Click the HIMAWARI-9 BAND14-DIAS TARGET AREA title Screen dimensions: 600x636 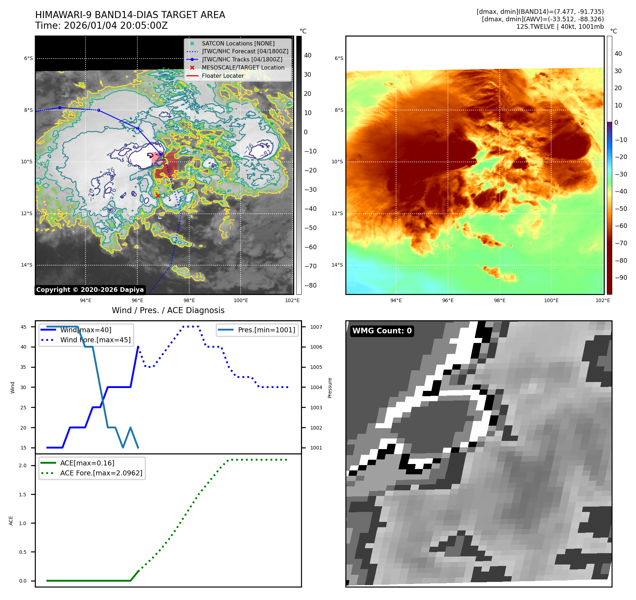click(130, 15)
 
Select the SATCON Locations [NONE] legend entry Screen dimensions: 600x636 click(238, 43)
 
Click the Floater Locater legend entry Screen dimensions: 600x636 click(223, 76)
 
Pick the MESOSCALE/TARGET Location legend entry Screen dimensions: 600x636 click(243, 67)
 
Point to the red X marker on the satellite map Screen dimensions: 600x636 click(158, 196)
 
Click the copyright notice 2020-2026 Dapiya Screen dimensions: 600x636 click(90, 290)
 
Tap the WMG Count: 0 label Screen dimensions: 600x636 click(382, 331)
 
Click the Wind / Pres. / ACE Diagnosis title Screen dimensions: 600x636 click(168, 310)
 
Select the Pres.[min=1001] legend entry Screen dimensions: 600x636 click(266, 330)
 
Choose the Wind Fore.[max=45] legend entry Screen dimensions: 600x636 click(95, 340)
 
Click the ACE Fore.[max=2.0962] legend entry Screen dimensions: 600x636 click(101, 473)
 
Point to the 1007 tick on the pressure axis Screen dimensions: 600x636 click(316, 327)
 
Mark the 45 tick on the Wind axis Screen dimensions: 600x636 click(23, 327)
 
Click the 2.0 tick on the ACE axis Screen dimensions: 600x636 click(23, 465)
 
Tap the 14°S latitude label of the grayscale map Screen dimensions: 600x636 click(27, 265)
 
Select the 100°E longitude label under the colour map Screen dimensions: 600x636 click(551, 300)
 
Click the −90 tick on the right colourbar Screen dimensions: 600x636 click(621, 278)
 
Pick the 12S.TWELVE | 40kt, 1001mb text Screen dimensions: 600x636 click(560, 27)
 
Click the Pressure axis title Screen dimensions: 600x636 click(330, 388)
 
